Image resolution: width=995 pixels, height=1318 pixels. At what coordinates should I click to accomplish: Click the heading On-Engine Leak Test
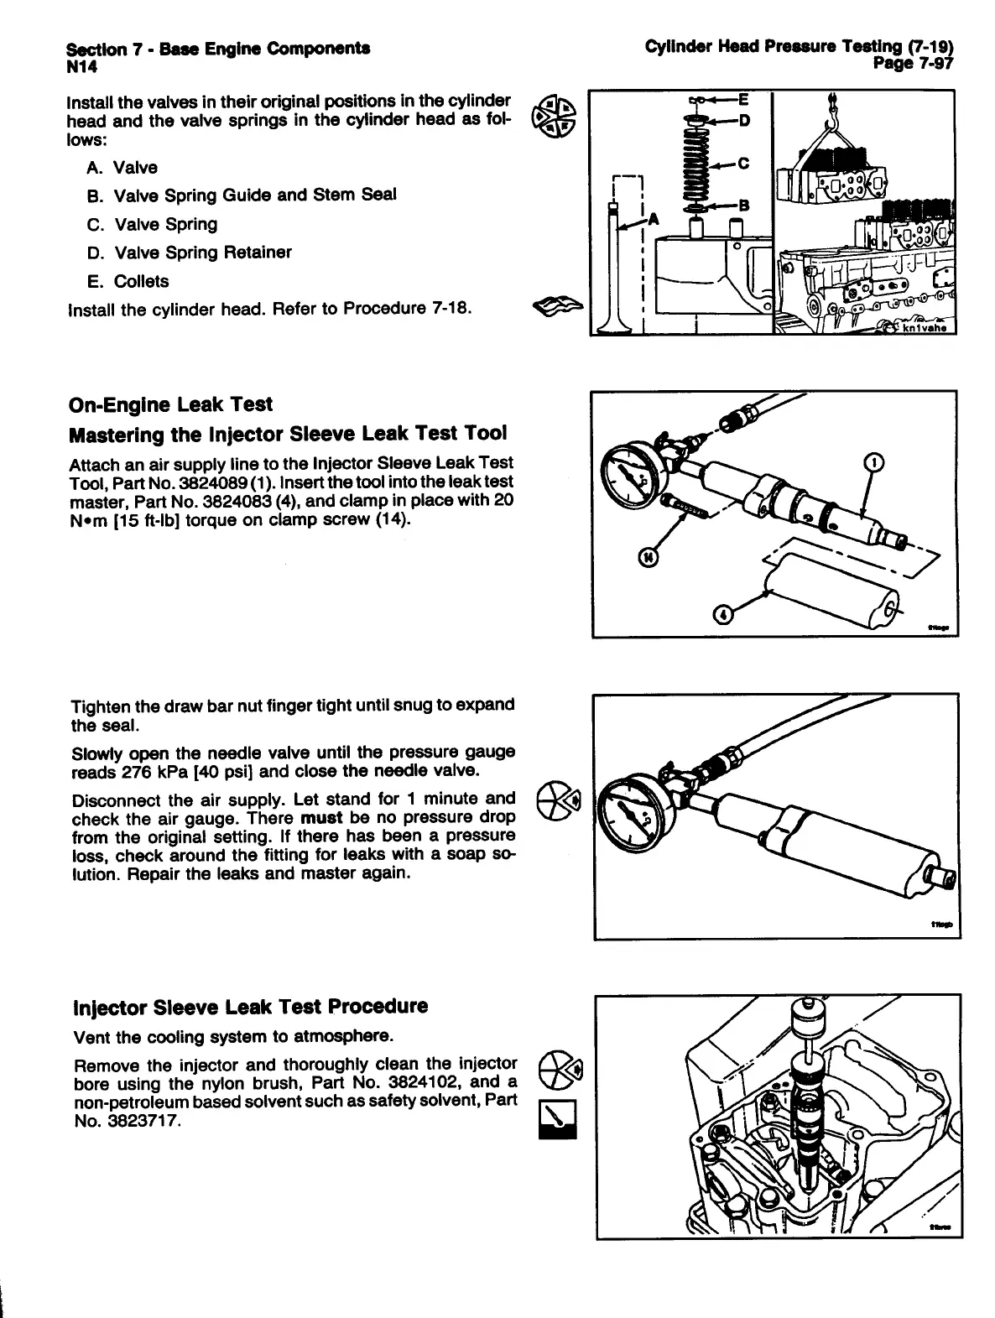tap(170, 405)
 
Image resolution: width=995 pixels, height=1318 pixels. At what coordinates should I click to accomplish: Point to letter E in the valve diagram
tap(742, 99)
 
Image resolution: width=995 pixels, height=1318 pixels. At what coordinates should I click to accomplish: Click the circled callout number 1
tap(873, 463)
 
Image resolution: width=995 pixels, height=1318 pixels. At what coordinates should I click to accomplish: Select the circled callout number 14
tap(649, 555)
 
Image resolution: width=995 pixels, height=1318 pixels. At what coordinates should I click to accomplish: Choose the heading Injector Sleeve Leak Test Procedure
tap(251, 1007)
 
